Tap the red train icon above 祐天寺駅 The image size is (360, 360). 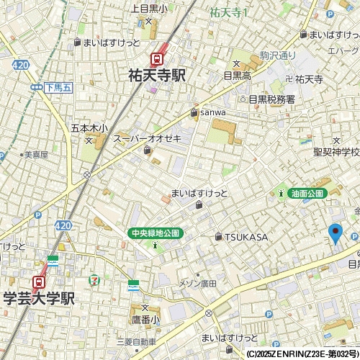(156, 59)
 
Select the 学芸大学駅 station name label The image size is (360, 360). (39, 298)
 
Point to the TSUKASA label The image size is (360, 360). (246, 237)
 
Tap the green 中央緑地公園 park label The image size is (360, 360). (156, 233)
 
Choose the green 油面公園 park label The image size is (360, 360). (307, 193)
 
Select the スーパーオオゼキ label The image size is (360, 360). (148, 138)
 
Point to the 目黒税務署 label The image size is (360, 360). (271, 99)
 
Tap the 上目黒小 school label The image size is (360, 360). (149, 9)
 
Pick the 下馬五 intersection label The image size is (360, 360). (58, 87)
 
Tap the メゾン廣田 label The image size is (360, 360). (197, 283)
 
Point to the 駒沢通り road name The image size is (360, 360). (278, 55)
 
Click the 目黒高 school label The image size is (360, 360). (237, 74)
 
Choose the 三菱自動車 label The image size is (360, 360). (137, 341)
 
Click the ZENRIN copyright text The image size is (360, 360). (302, 354)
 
